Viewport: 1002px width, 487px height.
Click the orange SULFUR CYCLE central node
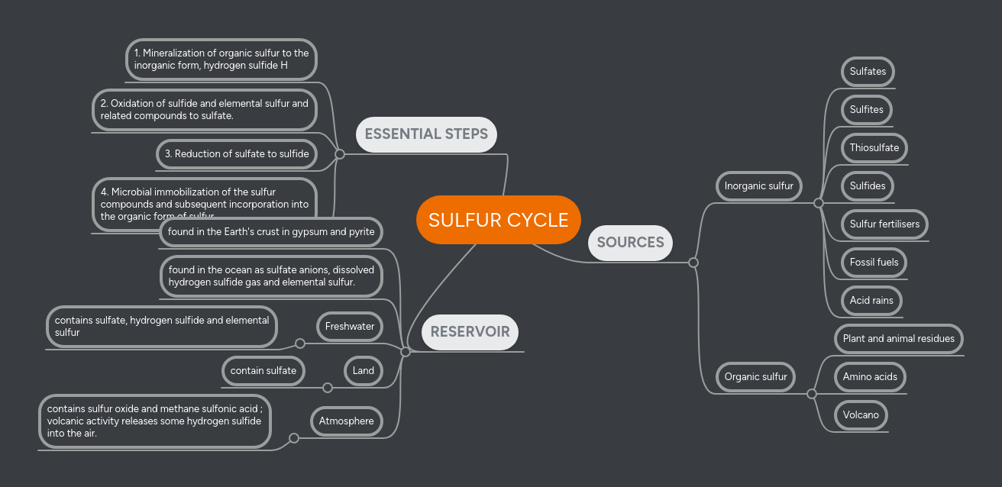click(x=498, y=220)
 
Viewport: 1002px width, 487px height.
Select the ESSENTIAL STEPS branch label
click(x=426, y=134)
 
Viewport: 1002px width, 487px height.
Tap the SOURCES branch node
click(x=630, y=243)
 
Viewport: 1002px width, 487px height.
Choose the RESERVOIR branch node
click(x=470, y=332)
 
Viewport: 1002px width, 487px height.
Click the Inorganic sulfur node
click(x=758, y=185)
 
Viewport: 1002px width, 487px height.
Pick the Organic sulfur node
click(x=755, y=376)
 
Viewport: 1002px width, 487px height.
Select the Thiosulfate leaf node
click(x=874, y=147)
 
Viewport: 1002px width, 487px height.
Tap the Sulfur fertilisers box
click(x=884, y=224)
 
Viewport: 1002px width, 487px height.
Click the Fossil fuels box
click(x=874, y=262)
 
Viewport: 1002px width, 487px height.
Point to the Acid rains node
click(x=871, y=300)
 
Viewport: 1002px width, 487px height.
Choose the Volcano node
click(x=861, y=414)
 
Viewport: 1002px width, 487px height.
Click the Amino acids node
click(x=870, y=376)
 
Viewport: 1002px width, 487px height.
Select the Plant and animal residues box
click(x=898, y=338)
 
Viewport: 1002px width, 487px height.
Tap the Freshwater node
click(x=350, y=326)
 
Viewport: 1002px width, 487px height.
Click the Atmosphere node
click(x=346, y=421)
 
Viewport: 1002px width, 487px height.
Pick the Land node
click(x=363, y=370)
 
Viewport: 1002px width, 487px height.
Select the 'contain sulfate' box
click(x=263, y=370)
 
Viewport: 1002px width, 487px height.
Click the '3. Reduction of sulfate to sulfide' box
click(x=237, y=153)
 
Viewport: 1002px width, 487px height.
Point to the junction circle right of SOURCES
click(x=693, y=263)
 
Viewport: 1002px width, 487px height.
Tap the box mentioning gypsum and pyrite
click(x=271, y=231)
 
